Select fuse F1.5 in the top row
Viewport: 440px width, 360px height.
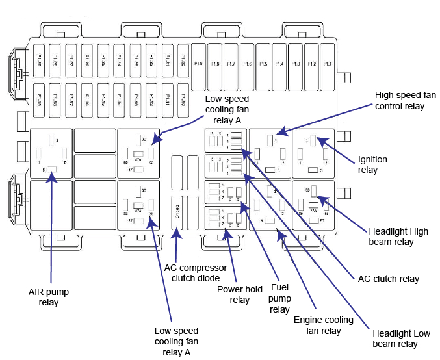coord(263,64)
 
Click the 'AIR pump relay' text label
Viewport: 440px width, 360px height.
coord(49,297)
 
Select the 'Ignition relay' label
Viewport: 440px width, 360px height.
coord(373,164)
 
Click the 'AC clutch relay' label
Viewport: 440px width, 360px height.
coord(389,279)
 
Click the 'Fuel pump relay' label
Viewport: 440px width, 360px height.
coord(279,298)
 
